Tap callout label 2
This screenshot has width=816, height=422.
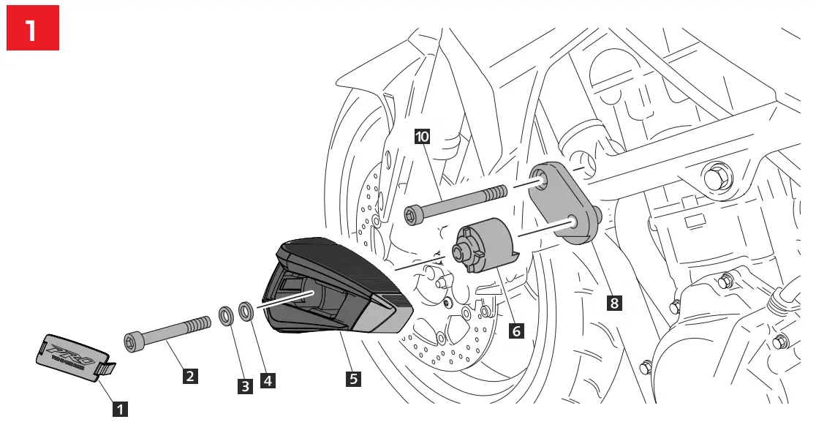pyautogui.click(x=189, y=377)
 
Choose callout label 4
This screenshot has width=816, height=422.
pyautogui.click(x=268, y=381)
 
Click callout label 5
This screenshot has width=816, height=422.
pyautogui.click(x=353, y=378)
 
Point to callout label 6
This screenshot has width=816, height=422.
pyautogui.click(x=516, y=331)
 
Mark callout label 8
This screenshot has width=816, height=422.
pyautogui.click(x=614, y=302)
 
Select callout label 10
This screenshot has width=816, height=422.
pyautogui.click(x=422, y=136)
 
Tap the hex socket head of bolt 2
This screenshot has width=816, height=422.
pyautogui.click(x=132, y=340)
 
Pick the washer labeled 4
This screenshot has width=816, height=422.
pyautogui.click(x=247, y=312)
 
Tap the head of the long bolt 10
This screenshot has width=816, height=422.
pyautogui.click(x=412, y=214)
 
